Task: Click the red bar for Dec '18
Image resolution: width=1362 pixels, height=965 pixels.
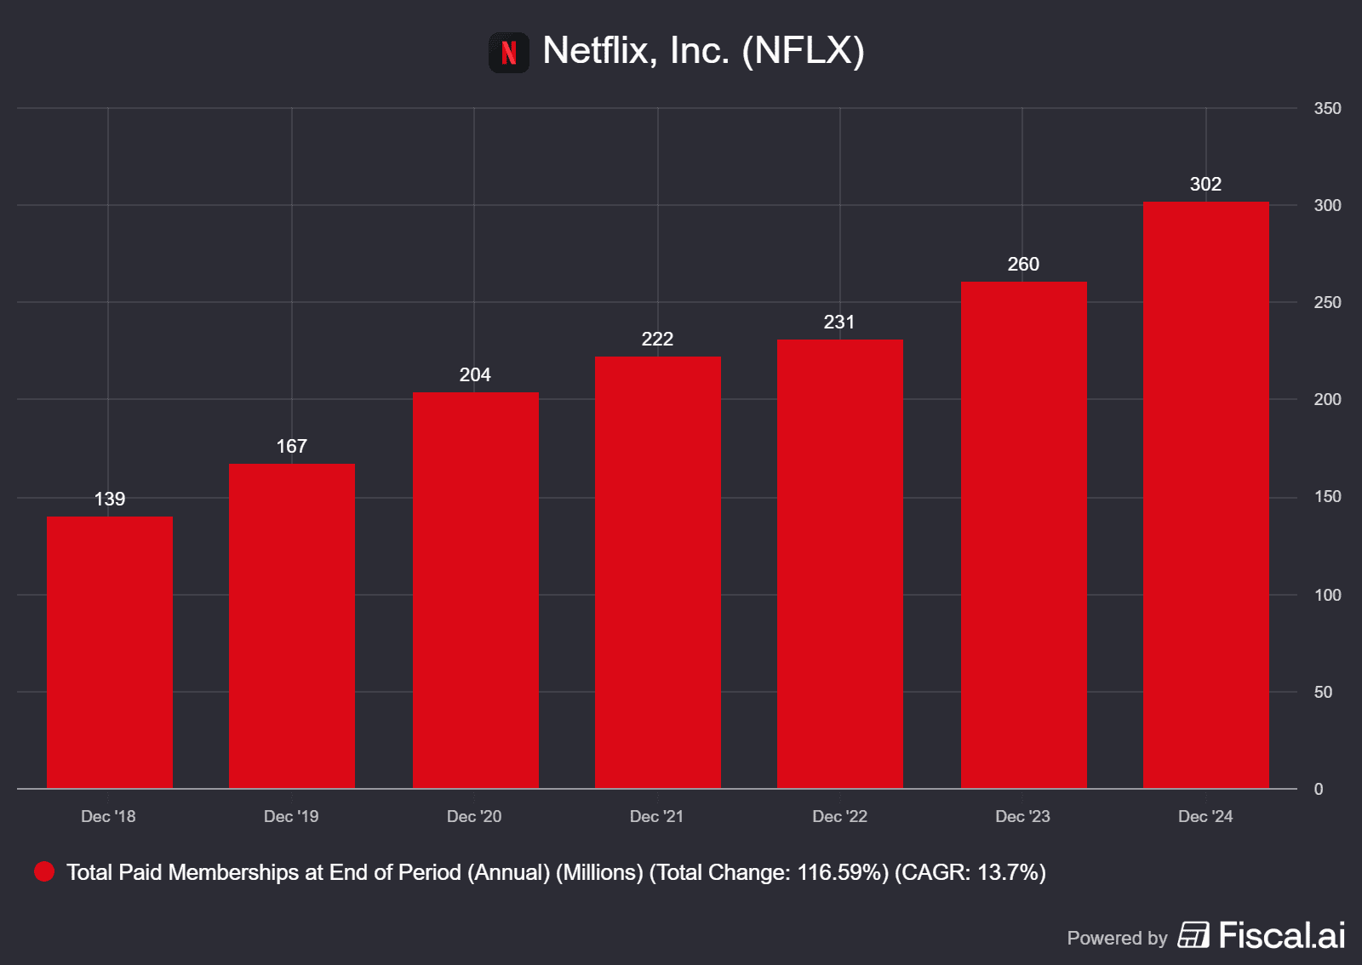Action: [x=110, y=652]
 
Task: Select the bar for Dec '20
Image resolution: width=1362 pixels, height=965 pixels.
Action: [x=476, y=590]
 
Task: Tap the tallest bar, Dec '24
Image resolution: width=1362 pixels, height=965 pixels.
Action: [x=1205, y=494]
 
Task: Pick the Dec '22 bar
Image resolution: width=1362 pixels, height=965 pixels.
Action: [x=840, y=563]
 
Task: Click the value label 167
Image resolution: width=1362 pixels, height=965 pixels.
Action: [x=291, y=446]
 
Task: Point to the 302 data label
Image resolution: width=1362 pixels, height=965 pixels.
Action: [x=1205, y=184]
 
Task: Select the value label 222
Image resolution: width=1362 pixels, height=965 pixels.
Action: [x=657, y=339]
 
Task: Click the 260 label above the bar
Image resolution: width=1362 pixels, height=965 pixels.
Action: [x=1023, y=264]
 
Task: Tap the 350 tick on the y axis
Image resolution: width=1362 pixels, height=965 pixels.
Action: [x=1327, y=108]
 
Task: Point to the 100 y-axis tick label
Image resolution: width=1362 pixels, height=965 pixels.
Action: [x=1327, y=595]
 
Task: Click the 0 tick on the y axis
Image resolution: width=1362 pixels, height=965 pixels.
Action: [x=1319, y=789]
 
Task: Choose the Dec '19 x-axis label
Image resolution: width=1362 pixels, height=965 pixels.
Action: [x=291, y=816]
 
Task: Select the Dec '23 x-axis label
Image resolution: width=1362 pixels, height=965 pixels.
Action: [x=1022, y=816]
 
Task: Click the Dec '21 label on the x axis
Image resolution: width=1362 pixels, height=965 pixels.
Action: [x=656, y=816]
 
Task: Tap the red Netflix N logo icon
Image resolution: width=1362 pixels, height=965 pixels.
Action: [x=509, y=53]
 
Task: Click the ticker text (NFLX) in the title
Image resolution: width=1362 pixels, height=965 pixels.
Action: [x=803, y=50]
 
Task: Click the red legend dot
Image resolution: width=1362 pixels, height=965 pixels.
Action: [x=44, y=871]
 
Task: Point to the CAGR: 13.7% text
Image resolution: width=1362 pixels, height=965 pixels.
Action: [x=970, y=872]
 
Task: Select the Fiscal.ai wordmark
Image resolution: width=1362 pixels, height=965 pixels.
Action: [x=1281, y=935]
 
